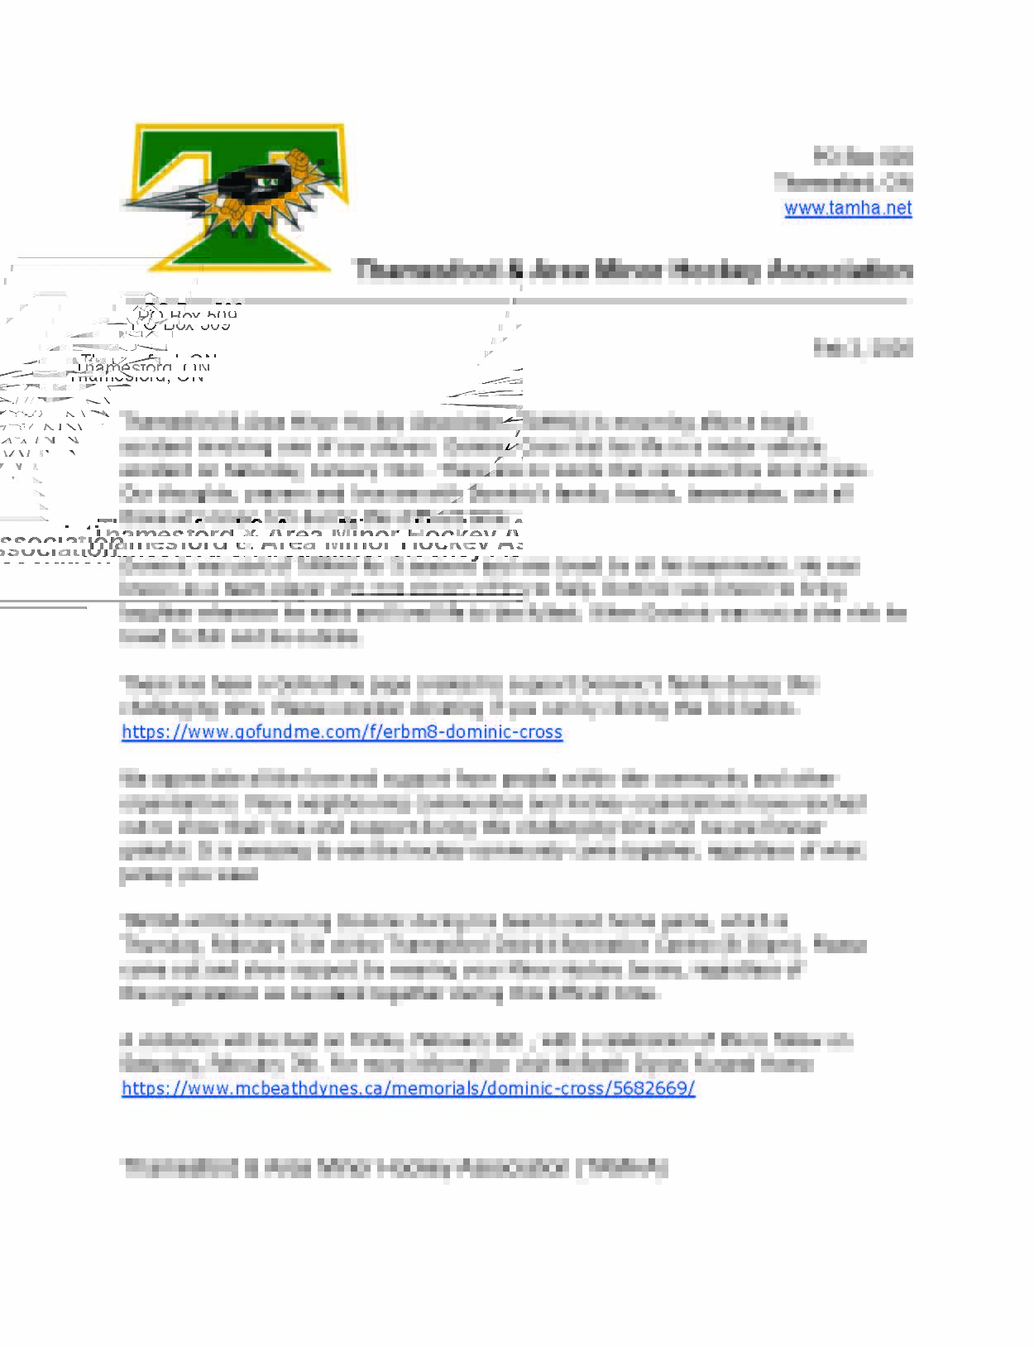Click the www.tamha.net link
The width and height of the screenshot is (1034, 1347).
pyautogui.click(x=848, y=208)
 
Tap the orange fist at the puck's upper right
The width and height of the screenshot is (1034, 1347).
pyautogui.click(x=298, y=158)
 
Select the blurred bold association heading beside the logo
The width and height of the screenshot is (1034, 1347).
pyautogui.click(x=634, y=271)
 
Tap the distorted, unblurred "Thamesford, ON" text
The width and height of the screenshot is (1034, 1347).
pyautogui.click(x=141, y=370)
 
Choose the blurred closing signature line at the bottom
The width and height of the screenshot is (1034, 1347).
pyautogui.click(x=394, y=1167)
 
